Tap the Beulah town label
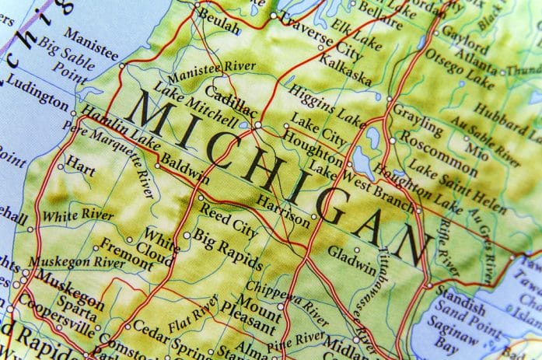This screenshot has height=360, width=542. coord(219,25)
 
